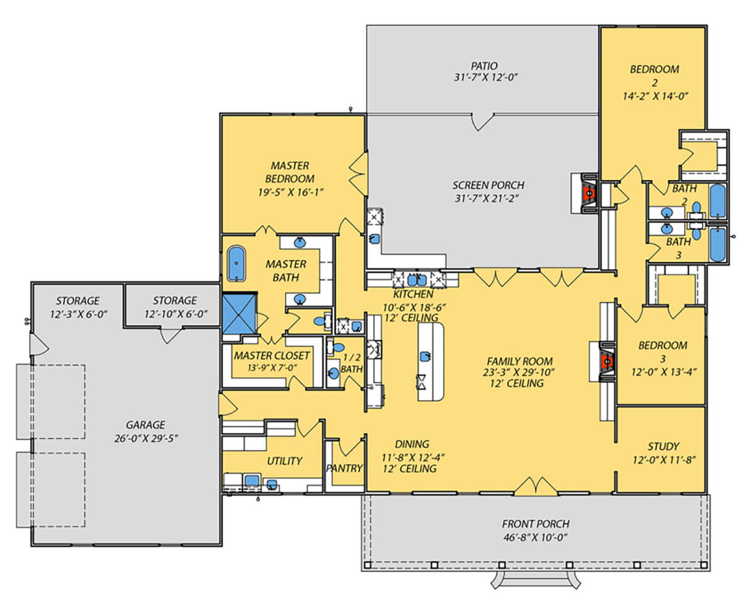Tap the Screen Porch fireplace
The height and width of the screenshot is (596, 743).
[x=589, y=193]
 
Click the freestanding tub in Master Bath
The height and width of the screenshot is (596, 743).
[x=236, y=263]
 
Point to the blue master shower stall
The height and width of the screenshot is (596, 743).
[x=239, y=314]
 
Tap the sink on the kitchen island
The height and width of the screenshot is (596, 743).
[x=425, y=356]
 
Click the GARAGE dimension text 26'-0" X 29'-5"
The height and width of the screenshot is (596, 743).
[x=146, y=438]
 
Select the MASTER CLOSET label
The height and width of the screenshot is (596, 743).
[x=272, y=355]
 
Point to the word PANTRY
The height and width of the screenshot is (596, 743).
[x=344, y=468]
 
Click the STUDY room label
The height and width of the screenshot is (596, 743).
[x=663, y=447]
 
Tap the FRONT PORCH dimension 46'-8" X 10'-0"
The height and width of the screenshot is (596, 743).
[x=536, y=537]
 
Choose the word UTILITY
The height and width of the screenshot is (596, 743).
[x=284, y=460]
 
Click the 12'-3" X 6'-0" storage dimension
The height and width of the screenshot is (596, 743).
[x=79, y=314]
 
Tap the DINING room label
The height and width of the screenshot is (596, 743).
[x=412, y=444]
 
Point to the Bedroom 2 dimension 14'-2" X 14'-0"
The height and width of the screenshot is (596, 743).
[x=656, y=96]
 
